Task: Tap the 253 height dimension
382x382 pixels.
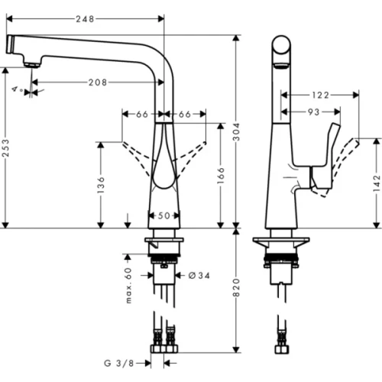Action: (7, 145)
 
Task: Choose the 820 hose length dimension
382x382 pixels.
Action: (236, 288)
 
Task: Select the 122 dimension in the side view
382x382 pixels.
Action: (320, 95)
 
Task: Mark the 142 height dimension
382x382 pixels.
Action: (376, 183)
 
